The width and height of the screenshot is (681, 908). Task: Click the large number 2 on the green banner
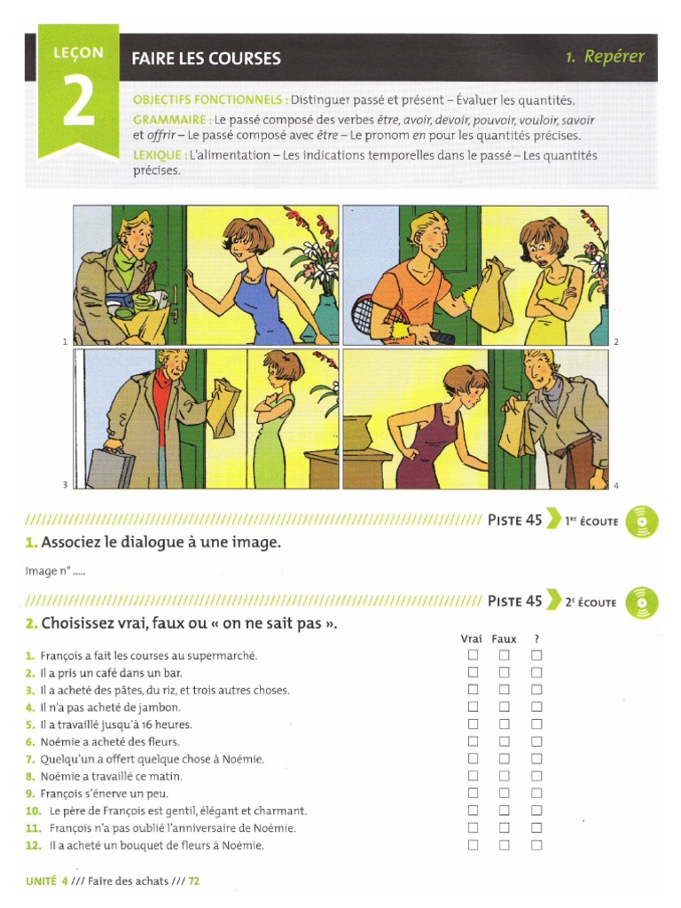pos(79,104)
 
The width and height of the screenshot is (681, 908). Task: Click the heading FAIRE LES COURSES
pos(206,59)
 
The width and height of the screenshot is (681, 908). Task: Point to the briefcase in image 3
pos(110,467)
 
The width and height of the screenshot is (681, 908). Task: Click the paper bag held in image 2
pos(492,294)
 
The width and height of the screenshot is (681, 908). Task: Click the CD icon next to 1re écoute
pos(642,521)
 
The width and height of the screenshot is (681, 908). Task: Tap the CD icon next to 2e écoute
pos(642,602)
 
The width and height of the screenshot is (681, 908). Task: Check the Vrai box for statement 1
pos(474,655)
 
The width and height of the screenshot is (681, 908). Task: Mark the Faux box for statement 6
pos(504,741)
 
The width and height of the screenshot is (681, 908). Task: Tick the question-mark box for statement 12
pos(536,845)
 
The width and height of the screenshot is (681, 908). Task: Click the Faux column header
pos(504,638)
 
